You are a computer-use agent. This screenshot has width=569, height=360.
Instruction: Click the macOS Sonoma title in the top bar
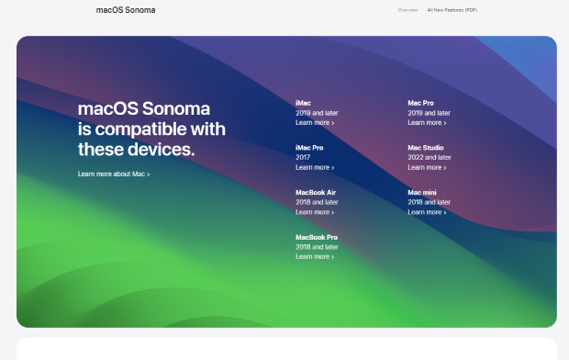coord(126,10)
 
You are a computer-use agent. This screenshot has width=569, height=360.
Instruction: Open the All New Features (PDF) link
coord(452,10)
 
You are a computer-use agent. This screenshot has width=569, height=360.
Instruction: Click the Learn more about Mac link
coord(113,174)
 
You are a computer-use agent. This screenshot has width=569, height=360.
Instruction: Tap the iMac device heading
coord(303,103)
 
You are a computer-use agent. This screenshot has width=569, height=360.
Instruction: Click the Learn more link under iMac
coord(315,122)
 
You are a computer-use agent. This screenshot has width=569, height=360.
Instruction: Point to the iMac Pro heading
coord(309,148)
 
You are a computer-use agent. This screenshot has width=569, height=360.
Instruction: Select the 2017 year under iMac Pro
coord(303,157)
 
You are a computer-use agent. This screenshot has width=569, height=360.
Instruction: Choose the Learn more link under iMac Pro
coord(315,167)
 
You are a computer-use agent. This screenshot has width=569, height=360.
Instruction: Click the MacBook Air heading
coord(316,192)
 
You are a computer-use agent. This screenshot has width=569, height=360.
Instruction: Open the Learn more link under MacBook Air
coord(315,212)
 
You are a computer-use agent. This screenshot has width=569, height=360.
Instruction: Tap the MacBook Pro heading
coord(317,237)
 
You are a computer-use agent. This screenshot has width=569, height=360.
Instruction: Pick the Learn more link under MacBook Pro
coord(315,256)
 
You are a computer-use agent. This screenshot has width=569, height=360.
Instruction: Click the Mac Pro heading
coord(421,103)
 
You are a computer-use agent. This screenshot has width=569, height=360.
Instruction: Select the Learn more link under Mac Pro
coord(427,122)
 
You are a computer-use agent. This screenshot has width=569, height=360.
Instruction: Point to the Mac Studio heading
coord(426,148)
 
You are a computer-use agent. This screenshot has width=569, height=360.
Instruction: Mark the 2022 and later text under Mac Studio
coord(430,157)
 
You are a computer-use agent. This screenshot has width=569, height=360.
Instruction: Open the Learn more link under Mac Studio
coord(427,167)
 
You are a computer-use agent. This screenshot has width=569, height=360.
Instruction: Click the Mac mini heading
coord(423,192)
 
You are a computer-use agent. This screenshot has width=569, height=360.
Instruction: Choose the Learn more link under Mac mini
coord(427,212)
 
